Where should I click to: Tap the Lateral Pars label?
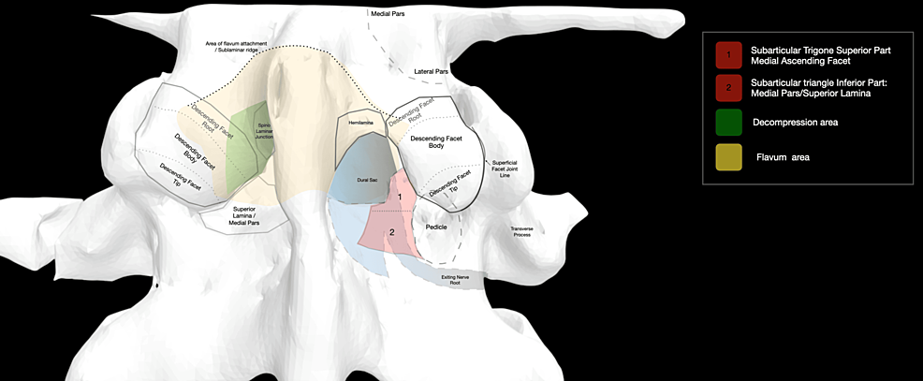[431, 71]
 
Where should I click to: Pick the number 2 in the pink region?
[392, 231]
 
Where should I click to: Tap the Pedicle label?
[437, 227]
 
